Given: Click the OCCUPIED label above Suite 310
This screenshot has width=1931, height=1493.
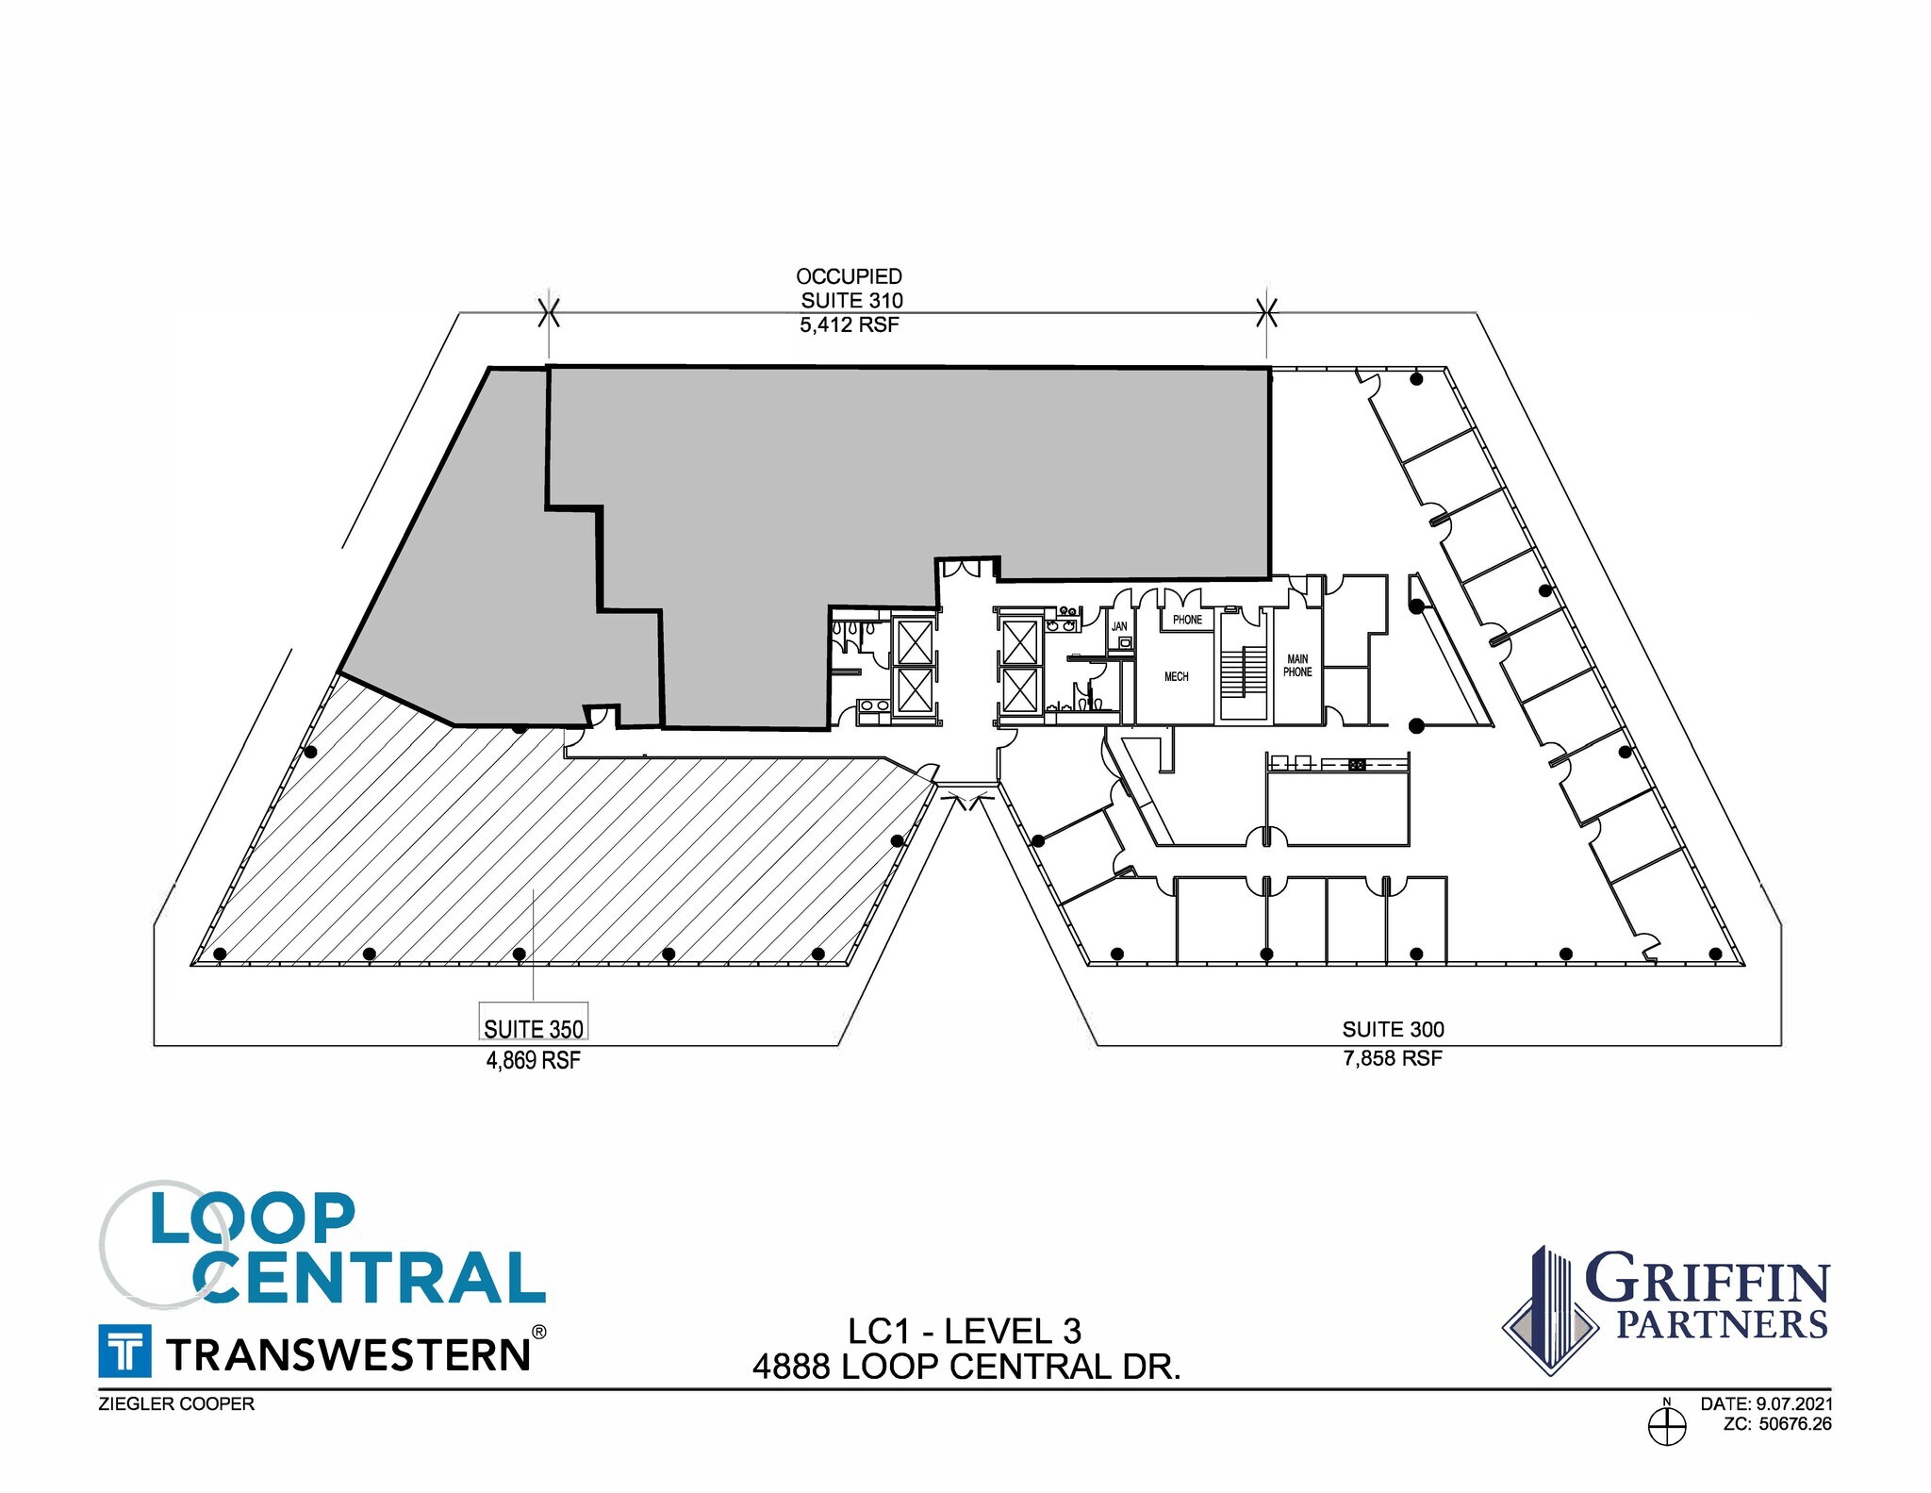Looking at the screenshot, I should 849,276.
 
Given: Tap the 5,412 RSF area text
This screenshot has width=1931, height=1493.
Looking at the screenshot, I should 850,324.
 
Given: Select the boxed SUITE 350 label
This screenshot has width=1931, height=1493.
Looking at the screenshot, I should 534,1028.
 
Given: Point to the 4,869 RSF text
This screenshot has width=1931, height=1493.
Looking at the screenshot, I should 534,1060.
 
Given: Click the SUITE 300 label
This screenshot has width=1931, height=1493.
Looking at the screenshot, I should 1393,1029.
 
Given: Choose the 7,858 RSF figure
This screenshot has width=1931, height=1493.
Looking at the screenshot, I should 1393,1058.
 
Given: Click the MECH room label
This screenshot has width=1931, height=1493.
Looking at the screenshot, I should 1176,676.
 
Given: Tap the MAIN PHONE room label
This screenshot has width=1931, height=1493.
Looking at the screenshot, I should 1297,666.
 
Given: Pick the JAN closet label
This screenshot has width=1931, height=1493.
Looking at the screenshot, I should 1119,626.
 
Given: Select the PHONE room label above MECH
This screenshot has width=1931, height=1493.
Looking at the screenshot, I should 1187,620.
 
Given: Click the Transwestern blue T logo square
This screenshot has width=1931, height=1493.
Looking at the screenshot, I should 124,1351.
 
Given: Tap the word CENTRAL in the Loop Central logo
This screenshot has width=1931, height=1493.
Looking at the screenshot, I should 370,1279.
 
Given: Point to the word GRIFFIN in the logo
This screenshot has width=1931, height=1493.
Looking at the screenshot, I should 1707,1281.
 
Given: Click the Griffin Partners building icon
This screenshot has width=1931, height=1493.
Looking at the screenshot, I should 1550,1311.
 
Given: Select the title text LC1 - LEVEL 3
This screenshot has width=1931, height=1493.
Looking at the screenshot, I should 965,1331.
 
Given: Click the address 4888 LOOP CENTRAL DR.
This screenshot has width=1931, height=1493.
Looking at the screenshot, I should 966,1367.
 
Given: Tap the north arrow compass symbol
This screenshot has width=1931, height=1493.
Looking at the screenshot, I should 1667,1425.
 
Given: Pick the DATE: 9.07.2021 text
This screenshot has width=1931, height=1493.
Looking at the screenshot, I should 1766,1404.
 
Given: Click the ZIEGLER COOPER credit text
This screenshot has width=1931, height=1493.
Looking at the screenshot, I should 176,1404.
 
